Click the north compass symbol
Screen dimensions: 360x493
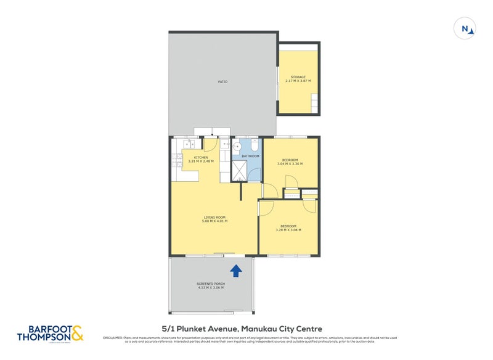(x=465, y=28)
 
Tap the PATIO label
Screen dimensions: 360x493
(x=222, y=81)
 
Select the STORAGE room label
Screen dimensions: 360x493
(x=298, y=77)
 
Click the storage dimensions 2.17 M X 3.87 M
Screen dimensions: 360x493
(x=298, y=81)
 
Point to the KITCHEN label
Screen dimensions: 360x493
(x=201, y=158)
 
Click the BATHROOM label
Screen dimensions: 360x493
(x=250, y=156)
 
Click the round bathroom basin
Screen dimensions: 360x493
(x=237, y=147)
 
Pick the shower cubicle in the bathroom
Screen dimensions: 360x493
(x=239, y=172)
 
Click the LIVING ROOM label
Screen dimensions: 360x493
(x=215, y=217)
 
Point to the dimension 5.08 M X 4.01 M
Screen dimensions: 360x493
(x=215, y=221)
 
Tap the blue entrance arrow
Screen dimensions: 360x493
(x=235, y=269)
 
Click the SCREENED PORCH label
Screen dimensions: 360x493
(x=211, y=284)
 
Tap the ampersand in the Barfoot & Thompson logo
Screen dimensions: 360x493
(x=76, y=333)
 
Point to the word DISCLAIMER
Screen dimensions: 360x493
(x=113, y=337)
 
